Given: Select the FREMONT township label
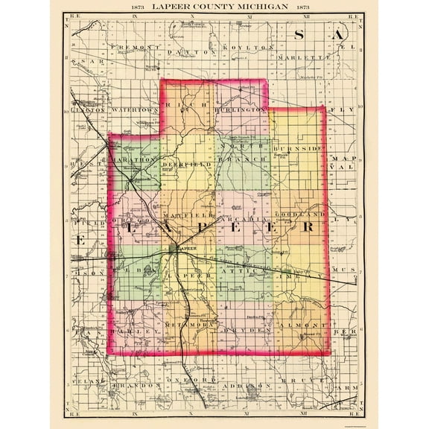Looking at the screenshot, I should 136,47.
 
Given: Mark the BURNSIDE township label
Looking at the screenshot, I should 298,149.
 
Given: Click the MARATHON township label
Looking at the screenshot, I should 134,159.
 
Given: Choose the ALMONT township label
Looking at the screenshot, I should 299,326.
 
